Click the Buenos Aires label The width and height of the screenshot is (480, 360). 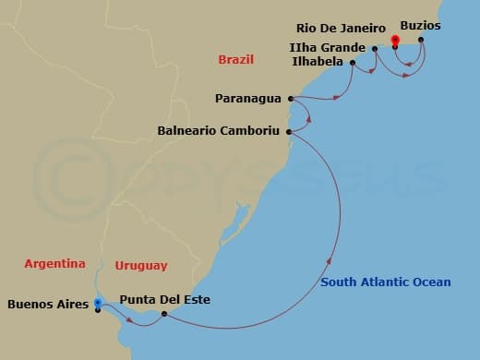(x=47, y=303)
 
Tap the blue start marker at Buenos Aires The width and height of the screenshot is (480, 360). (x=98, y=303)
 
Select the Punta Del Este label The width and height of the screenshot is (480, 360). (x=165, y=300)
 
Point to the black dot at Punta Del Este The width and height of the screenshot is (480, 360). (x=163, y=314)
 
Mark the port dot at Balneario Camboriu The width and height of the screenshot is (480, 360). (x=290, y=132)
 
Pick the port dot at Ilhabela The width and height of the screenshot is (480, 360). (x=353, y=63)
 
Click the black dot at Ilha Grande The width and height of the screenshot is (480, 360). (x=375, y=48)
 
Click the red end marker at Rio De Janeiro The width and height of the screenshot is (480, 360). (x=395, y=40)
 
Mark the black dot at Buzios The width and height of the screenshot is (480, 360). (x=422, y=40)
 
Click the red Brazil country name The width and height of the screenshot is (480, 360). (x=235, y=60)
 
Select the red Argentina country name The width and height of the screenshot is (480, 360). (x=54, y=263)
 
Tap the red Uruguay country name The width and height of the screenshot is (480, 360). (x=141, y=266)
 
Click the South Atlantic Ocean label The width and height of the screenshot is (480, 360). (x=386, y=282)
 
